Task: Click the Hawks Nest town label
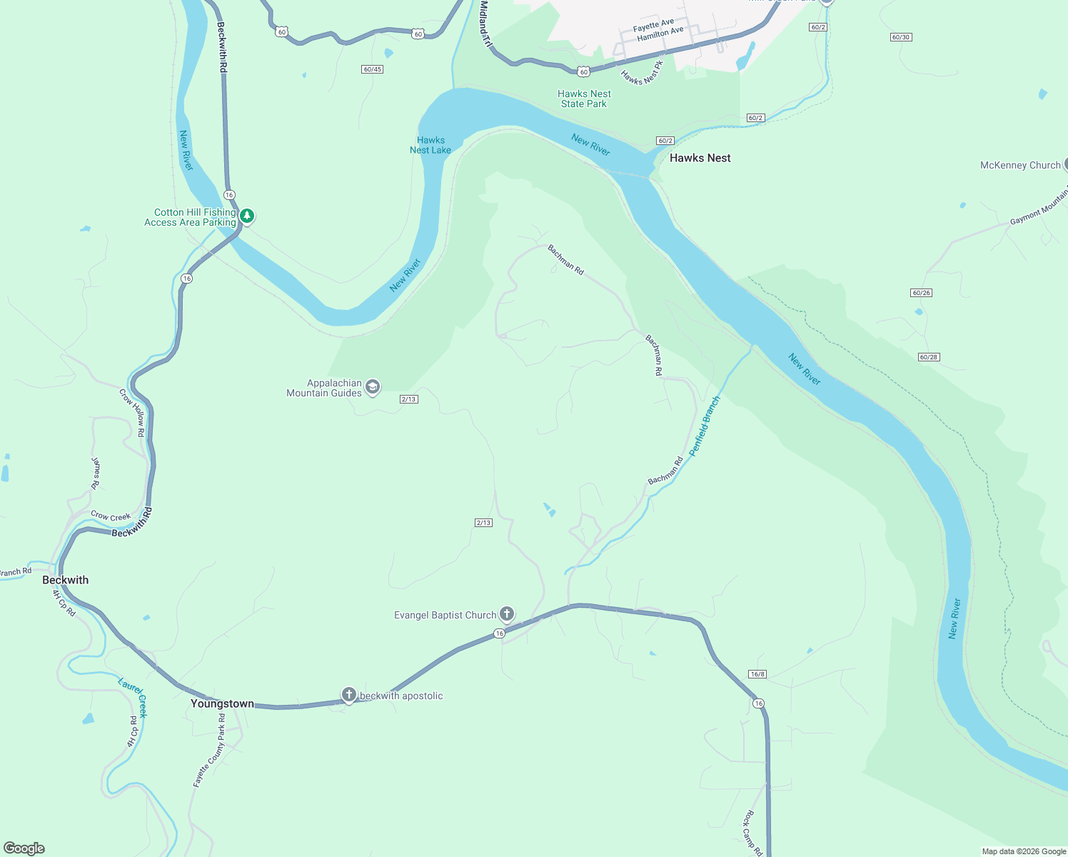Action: [x=700, y=158]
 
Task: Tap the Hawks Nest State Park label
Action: [x=584, y=99]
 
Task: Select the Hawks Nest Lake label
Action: [x=430, y=145]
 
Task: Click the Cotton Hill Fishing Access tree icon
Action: [x=247, y=216]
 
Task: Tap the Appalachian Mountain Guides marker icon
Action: [x=372, y=387]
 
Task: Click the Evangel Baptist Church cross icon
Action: [x=506, y=613]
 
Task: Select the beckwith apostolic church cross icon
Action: [x=348, y=694]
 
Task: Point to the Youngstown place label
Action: [x=222, y=703]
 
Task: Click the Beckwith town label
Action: [x=66, y=580]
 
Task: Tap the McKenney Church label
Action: [x=1020, y=165]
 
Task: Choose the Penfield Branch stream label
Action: [x=705, y=426]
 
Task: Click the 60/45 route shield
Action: [x=373, y=69]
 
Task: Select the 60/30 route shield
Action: [x=901, y=37]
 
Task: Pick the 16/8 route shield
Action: [x=757, y=674]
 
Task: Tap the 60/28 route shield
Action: [x=928, y=357]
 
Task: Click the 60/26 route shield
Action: [x=921, y=293]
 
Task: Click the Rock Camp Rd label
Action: [x=754, y=833]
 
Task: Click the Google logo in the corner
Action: [x=24, y=848]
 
